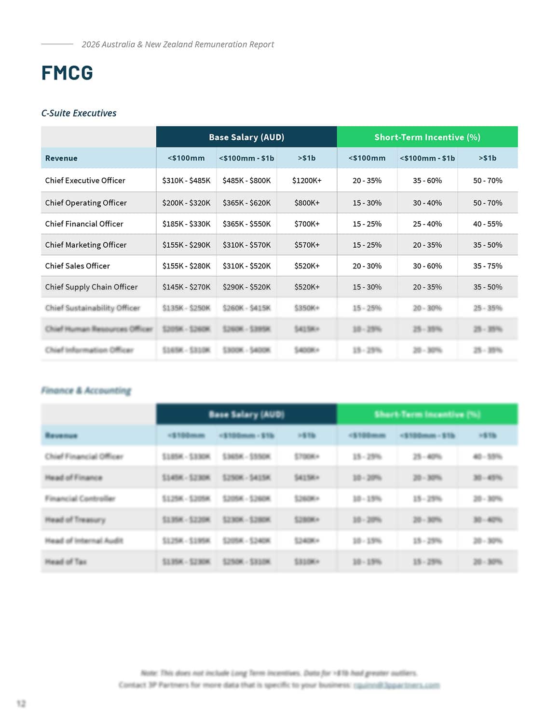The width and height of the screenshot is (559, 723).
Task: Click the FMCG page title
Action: pyautogui.click(x=67, y=73)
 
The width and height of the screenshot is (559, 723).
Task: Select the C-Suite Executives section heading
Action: pyautogui.click(x=79, y=113)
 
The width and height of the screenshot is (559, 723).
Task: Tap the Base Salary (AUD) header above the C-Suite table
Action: pyautogui.click(x=246, y=137)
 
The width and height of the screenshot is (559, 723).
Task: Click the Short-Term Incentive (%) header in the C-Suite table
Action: pyautogui.click(x=427, y=137)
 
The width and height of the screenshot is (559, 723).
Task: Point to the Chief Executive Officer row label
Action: pyautogui.click(x=85, y=180)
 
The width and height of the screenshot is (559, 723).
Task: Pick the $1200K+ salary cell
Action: pyautogui.click(x=307, y=180)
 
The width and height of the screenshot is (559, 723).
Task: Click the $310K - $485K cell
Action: pyautogui.click(x=186, y=180)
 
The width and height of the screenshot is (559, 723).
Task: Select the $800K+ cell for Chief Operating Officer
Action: pyautogui.click(x=307, y=203)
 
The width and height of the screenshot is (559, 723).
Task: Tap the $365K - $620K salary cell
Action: pyautogui.click(x=246, y=203)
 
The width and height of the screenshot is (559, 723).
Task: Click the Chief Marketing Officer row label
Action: pyautogui.click(x=86, y=245)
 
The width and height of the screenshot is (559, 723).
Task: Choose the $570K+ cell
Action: pyautogui.click(x=307, y=245)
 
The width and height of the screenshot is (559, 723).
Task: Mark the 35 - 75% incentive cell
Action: pyautogui.click(x=488, y=266)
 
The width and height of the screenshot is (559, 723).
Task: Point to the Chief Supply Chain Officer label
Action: pyautogui.click(x=91, y=287)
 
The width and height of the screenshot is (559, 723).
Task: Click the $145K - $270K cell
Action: pyautogui.click(x=186, y=287)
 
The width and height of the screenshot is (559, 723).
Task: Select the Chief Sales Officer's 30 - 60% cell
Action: pyautogui.click(x=427, y=266)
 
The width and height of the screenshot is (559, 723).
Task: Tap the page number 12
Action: pyautogui.click(x=21, y=704)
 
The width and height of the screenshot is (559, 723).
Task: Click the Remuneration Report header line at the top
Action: pyautogui.click(x=177, y=44)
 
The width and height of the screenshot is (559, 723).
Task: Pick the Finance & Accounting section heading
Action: pyautogui.click(x=86, y=390)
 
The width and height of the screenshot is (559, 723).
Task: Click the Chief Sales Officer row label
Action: pyautogui.click(x=77, y=266)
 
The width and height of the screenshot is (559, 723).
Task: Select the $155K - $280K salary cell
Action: pyautogui.click(x=186, y=266)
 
